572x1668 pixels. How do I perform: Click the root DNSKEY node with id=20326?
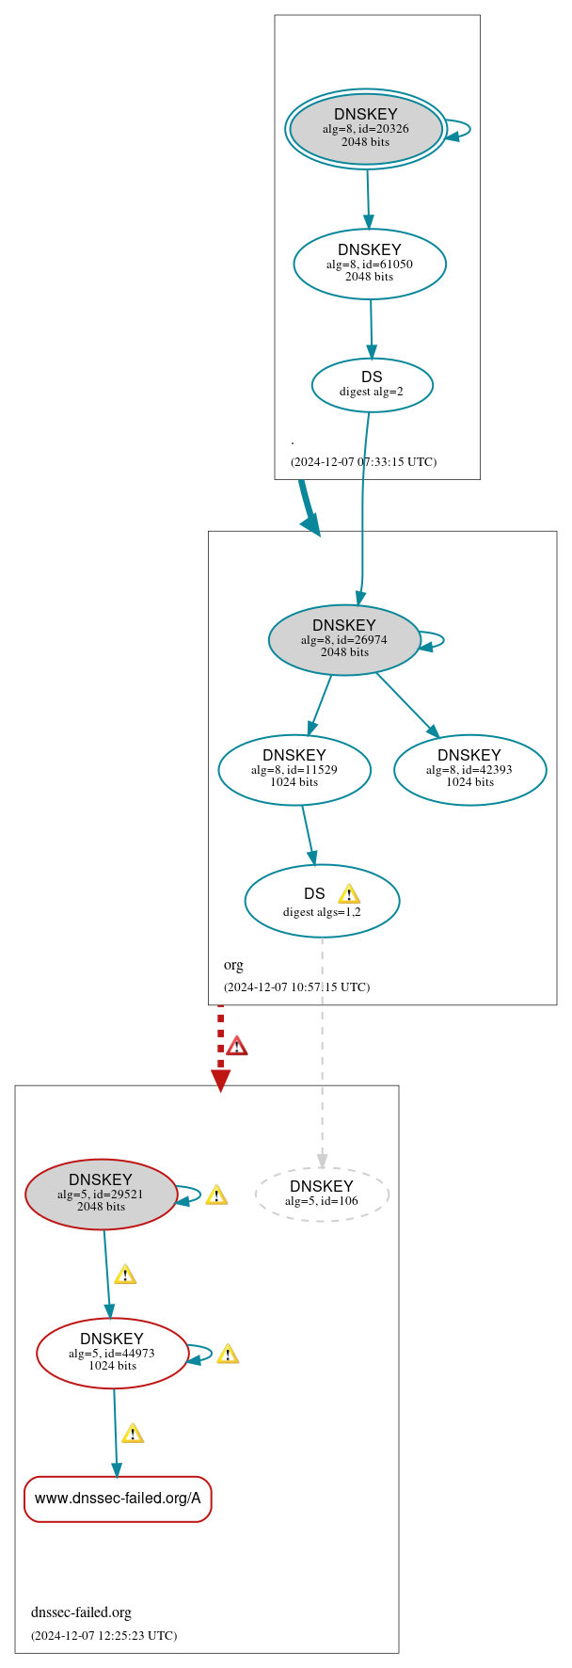[366, 129]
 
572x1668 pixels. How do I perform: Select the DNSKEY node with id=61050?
[370, 264]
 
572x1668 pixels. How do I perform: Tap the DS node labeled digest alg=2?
[372, 384]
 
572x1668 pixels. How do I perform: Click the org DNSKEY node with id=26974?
[344, 639]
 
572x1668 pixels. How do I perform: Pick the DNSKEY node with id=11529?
[294, 769]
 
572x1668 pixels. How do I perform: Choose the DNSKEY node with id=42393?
[469, 769]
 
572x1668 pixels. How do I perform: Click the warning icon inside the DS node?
[349, 893]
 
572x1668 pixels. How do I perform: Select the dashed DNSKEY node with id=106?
[322, 1194]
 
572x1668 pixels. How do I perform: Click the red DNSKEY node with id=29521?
[101, 1194]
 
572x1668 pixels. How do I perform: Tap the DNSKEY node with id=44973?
[112, 1353]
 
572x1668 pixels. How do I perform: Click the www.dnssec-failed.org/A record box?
[118, 1498]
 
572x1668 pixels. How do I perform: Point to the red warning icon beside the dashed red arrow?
[236, 1046]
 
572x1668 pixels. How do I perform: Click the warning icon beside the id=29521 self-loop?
[216, 1195]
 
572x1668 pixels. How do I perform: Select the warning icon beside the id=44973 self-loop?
[227, 1354]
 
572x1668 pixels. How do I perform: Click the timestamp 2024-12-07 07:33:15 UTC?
[363, 461]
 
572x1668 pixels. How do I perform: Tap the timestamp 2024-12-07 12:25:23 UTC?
[103, 1635]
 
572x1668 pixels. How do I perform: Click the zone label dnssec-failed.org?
[81, 1612]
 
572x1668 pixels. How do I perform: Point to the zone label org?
[233, 965]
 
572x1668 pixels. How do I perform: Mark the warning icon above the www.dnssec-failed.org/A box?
[133, 1433]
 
